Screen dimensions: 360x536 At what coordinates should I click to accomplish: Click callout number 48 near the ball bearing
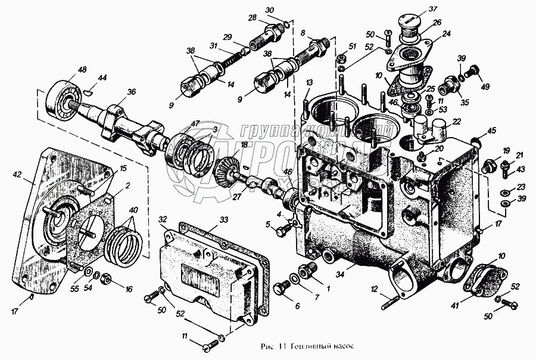pyautogui.click(x=82, y=70)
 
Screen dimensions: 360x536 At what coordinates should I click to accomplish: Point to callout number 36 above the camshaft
pyautogui.click(x=131, y=92)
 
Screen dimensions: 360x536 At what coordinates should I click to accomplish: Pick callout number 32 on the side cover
pyautogui.click(x=162, y=219)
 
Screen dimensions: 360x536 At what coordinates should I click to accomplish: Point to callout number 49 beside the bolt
pyautogui.click(x=485, y=86)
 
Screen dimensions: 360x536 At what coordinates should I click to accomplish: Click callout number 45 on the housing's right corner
pyautogui.click(x=491, y=131)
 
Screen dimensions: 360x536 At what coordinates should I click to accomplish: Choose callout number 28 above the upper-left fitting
pyautogui.click(x=252, y=16)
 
